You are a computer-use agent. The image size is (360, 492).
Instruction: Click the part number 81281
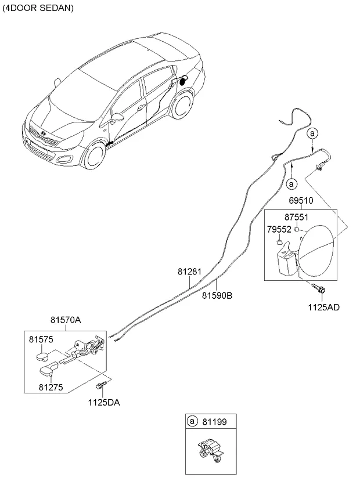[x=189, y=271]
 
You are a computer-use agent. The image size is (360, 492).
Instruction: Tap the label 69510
[x=301, y=200]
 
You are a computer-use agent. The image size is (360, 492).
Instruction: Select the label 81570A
[x=66, y=319]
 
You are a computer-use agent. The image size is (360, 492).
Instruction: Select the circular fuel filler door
[x=314, y=250]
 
